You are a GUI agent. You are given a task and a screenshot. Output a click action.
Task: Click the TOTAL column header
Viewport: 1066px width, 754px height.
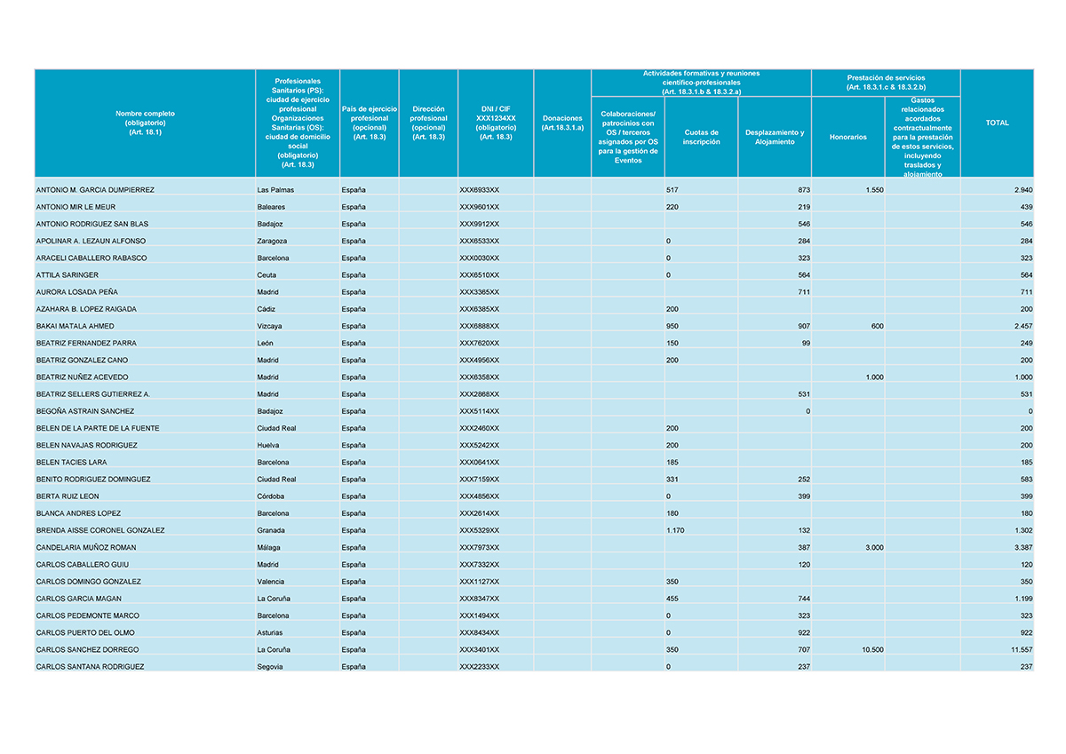click(x=997, y=123)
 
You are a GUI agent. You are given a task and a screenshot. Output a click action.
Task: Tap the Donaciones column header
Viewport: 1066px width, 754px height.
click(x=561, y=123)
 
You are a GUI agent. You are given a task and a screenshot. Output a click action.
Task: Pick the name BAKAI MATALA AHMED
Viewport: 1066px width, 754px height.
click(x=76, y=326)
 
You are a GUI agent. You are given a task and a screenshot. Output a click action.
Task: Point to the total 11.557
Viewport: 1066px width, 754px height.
click(x=1022, y=649)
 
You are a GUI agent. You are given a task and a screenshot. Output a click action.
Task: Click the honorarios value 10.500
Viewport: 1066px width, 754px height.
click(x=871, y=649)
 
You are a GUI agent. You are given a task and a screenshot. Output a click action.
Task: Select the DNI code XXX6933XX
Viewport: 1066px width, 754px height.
click(x=480, y=190)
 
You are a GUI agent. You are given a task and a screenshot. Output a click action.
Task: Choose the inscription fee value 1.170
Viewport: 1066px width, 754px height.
click(x=676, y=530)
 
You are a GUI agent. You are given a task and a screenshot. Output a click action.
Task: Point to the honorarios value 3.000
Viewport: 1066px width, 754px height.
click(x=873, y=547)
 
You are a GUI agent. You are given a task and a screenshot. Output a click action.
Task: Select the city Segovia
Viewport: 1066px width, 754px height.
click(x=270, y=666)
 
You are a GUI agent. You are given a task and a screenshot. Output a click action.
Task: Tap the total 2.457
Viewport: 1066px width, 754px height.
click(x=1022, y=326)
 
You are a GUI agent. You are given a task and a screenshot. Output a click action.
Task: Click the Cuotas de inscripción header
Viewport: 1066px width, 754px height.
click(x=701, y=138)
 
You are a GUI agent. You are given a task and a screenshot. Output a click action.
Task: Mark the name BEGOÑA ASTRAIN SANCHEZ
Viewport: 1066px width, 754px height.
click(x=85, y=411)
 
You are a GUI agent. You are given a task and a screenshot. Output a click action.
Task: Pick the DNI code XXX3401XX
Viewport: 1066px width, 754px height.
click(x=480, y=649)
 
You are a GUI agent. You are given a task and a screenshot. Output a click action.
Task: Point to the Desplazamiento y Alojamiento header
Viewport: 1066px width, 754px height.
click(x=774, y=138)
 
